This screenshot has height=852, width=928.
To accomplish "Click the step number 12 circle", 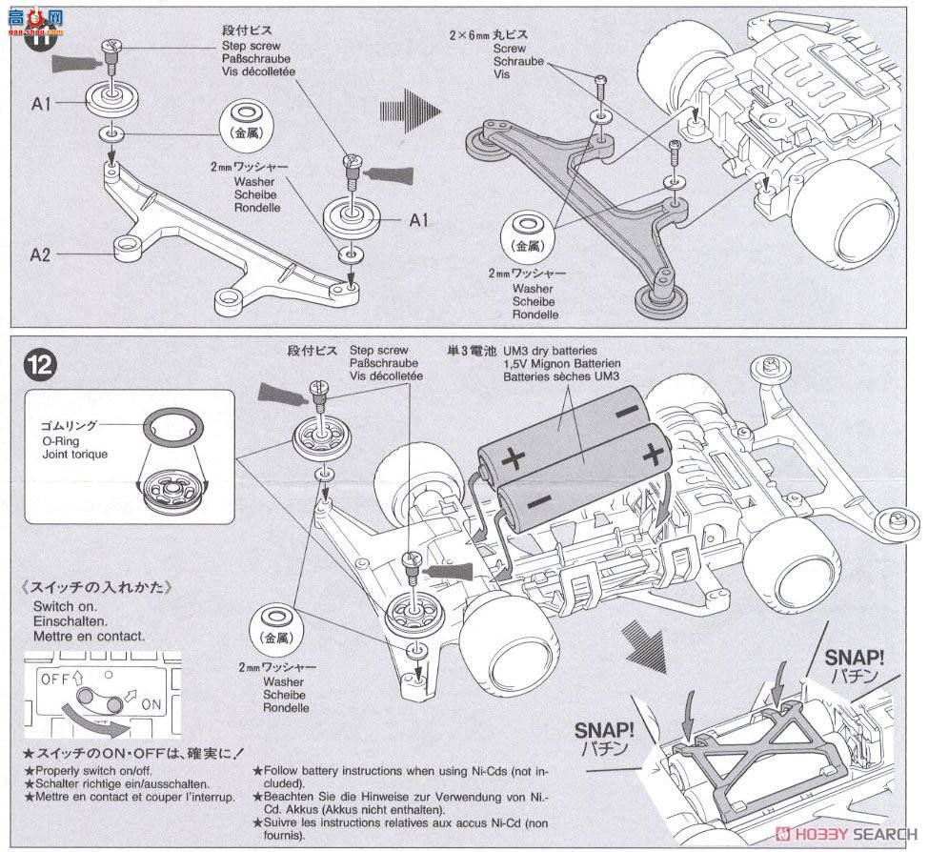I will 43,364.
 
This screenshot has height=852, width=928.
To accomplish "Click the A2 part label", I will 40,254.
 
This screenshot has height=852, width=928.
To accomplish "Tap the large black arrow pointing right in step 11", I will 410,112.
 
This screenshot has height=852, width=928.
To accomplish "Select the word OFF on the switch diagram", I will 54,678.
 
